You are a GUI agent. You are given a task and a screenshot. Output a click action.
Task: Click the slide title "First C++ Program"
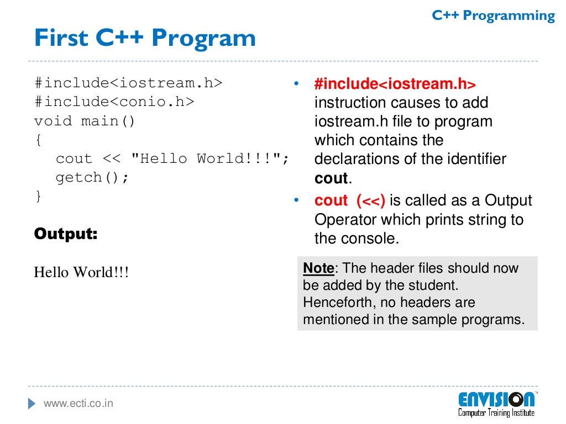(145, 39)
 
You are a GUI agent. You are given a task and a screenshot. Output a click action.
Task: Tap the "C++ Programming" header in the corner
(493, 16)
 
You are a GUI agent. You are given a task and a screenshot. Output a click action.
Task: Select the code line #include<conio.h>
(114, 102)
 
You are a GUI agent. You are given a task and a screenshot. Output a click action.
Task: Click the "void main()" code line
(85, 120)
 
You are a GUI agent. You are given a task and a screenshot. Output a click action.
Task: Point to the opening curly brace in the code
(38, 140)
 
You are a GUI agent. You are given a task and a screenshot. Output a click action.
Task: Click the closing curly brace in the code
(38, 196)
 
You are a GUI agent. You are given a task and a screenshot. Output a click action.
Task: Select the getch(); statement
(92, 177)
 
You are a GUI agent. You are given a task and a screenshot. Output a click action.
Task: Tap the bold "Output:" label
(66, 234)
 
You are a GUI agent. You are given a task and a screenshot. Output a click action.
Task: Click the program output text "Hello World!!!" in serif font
(81, 272)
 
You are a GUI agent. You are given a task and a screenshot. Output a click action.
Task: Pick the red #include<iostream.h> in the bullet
(395, 84)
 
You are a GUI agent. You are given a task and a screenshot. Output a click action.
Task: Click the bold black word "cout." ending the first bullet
(333, 178)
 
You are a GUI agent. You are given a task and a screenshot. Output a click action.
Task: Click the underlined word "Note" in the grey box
(318, 268)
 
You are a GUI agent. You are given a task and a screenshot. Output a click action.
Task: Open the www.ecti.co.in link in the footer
(78, 404)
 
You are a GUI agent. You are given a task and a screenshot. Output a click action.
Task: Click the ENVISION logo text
(496, 399)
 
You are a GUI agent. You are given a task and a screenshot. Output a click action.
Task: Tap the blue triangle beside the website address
(32, 404)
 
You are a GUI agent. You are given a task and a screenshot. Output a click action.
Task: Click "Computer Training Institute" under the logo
(496, 412)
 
